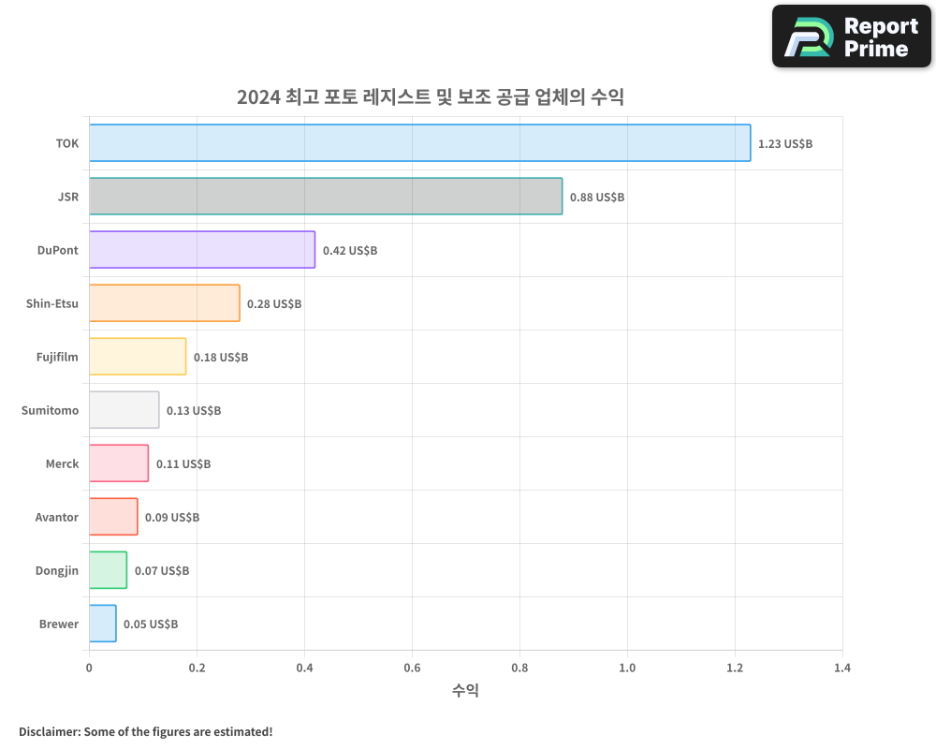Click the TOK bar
[419, 143]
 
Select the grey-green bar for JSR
[326, 197]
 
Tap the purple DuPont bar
[202, 250]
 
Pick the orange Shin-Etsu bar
[165, 303]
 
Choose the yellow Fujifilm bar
[138, 357]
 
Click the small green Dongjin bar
[108, 570]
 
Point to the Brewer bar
[103, 624]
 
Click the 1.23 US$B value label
[785, 144]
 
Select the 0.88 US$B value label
[597, 198]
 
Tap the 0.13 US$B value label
[194, 411]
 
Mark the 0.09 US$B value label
[172, 518]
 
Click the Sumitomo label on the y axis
[51, 410]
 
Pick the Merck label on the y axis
[63, 463]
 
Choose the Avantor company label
[57, 517]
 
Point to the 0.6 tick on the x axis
[412, 668]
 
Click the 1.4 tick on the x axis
[842, 668]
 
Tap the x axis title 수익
[465, 691]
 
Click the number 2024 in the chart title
[258, 96]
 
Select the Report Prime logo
[852, 37]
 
